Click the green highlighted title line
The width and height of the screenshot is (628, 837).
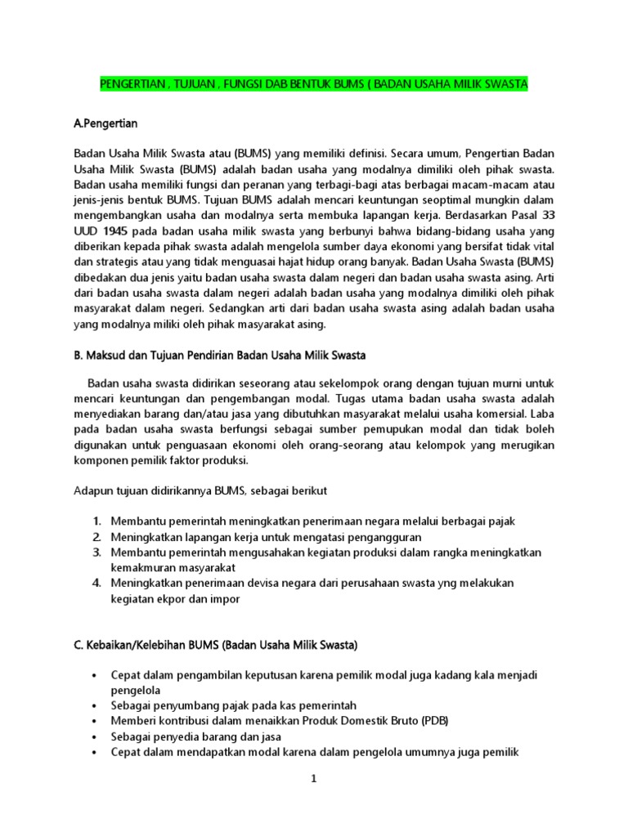tap(313, 84)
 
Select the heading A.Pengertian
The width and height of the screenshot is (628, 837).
tap(105, 123)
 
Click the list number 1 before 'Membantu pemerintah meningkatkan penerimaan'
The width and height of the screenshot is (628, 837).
tap(96, 521)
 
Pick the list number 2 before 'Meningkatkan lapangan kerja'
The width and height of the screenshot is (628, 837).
tap(96, 536)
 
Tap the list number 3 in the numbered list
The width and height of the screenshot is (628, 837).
tap(96, 552)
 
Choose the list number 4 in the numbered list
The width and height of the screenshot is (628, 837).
tap(96, 583)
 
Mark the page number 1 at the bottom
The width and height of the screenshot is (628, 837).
tap(312, 779)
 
